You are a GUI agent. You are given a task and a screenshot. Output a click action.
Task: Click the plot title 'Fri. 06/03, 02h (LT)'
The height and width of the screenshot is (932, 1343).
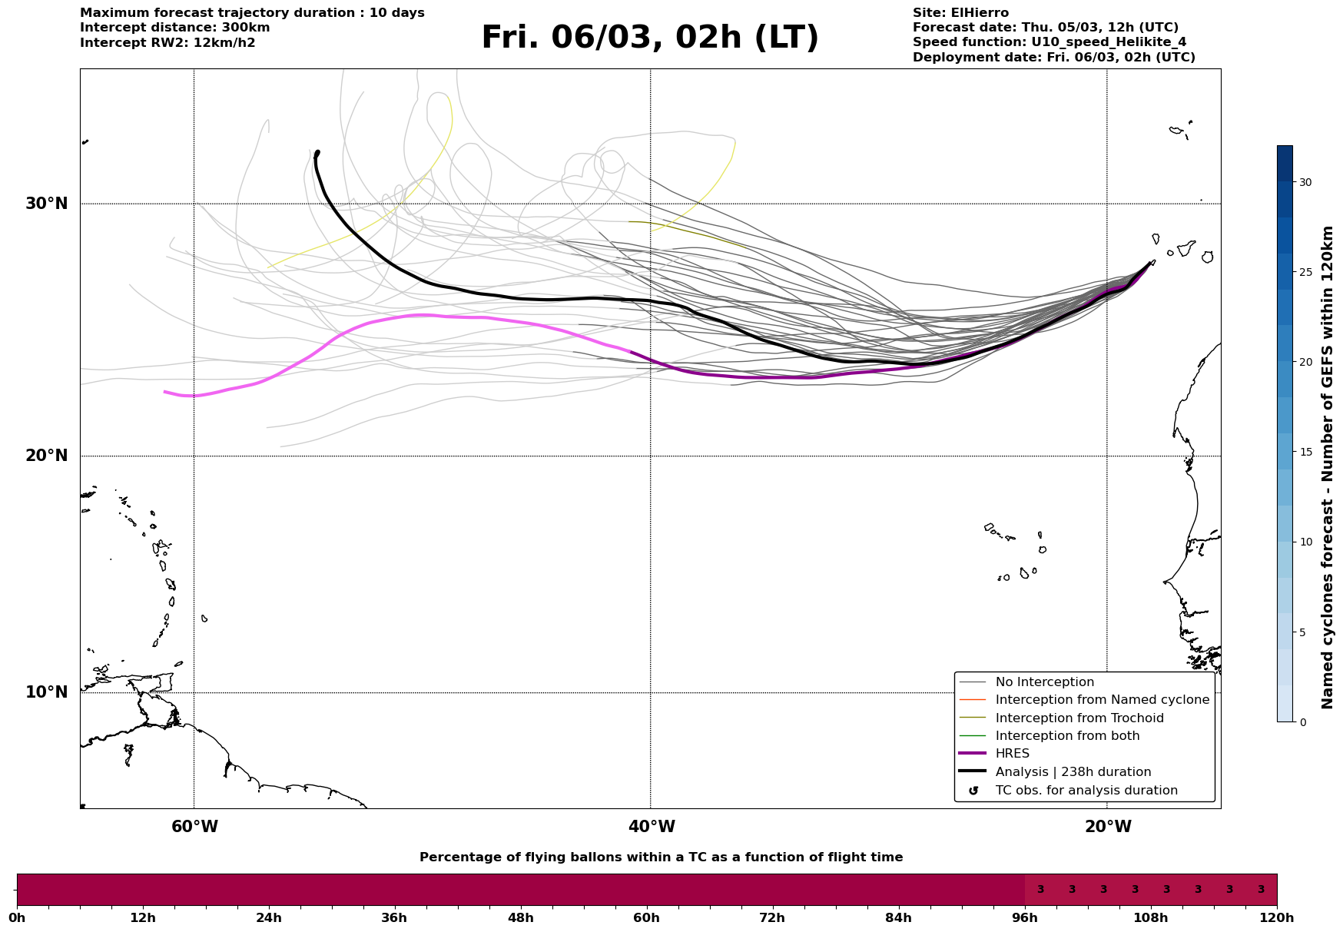[650, 38]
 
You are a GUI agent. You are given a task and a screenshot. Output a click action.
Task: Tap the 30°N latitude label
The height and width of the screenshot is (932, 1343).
[47, 204]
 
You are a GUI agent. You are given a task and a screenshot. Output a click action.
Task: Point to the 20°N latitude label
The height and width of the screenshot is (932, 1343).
[47, 456]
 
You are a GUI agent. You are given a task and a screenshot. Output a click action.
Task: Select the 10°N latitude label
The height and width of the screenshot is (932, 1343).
[47, 692]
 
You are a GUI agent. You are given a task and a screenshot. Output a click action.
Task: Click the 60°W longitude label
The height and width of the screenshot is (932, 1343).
[194, 827]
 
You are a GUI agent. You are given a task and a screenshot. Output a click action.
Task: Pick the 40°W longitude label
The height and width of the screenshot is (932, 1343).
[652, 827]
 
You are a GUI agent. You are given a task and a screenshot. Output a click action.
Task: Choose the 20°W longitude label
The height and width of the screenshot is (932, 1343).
[1108, 827]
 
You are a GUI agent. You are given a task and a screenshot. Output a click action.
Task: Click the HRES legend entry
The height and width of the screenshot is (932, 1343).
[1012, 754]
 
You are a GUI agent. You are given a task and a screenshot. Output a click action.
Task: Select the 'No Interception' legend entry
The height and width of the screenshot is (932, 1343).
[1044, 682]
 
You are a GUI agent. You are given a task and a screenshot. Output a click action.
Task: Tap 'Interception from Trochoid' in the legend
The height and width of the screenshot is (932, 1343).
[1079, 718]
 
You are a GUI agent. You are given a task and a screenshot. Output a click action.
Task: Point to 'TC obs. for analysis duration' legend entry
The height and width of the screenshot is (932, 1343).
[1086, 791]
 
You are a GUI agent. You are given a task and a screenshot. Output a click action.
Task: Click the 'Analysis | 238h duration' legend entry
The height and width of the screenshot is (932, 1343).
[1073, 772]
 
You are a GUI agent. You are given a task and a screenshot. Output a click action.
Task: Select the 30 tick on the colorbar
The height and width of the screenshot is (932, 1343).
[1305, 182]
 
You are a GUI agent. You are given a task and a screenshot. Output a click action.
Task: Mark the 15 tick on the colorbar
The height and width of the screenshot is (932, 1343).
[1305, 452]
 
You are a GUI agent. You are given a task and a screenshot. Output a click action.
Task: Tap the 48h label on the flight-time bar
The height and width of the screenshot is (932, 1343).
[520, 917]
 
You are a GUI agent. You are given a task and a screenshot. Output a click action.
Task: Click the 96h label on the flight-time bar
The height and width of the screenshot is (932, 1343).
[1024, 917]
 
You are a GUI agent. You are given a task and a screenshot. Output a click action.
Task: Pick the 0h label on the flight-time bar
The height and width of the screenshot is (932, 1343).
[17, 917]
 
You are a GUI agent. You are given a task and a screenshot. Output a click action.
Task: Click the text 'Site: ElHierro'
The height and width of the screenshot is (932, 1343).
[960, 13]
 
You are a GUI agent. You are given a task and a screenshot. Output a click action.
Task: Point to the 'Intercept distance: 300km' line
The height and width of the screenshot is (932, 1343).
[174, 28]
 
